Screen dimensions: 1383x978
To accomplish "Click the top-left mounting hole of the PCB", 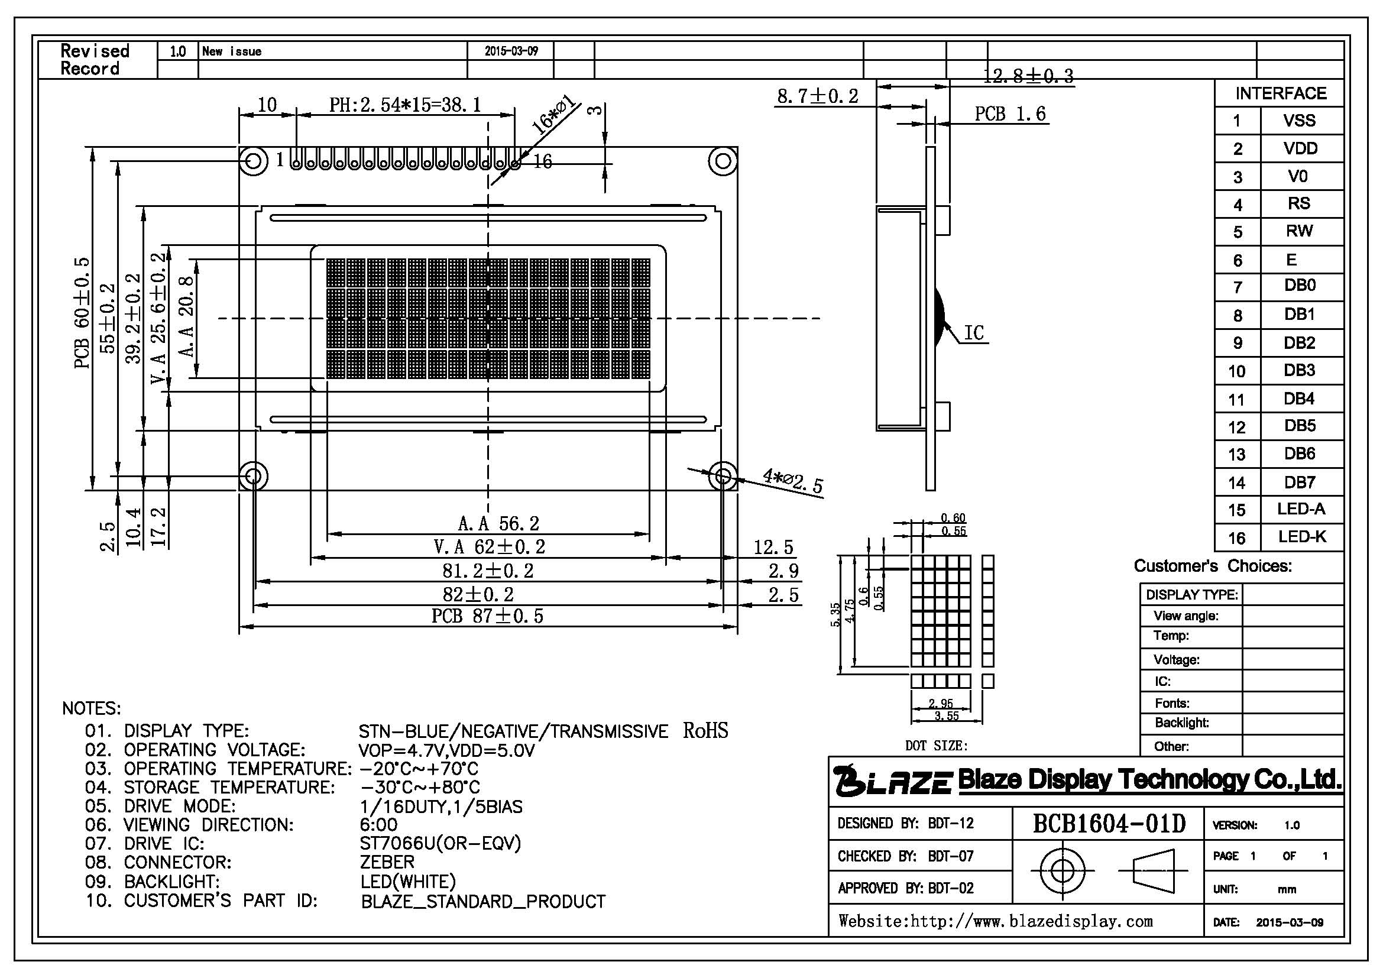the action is (254, 161).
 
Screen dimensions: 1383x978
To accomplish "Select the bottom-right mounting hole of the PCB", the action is (723, 477).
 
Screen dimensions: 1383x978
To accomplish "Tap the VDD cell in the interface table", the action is (1301, 148).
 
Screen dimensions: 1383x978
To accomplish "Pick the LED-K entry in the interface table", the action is (1301, 536).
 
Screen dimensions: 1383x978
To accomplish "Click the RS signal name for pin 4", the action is (1299, 203).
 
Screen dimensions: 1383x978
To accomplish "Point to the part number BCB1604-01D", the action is (1109, 823).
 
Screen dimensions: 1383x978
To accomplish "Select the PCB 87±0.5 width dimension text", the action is (487, 616).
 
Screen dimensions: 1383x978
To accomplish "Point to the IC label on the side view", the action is (974, 332).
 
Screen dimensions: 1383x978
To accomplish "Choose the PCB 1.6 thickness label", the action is (1010, 113).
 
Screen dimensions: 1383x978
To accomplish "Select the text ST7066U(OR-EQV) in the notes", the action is (441, 843).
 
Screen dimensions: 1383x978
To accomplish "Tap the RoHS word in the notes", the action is (705, 730).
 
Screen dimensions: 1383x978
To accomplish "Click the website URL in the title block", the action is (996, 921).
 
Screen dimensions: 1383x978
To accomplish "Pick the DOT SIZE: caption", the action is (936, 746).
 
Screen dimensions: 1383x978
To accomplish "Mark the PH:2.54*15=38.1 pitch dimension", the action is (406, 105).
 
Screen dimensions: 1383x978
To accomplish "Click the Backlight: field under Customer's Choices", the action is (1182, 723).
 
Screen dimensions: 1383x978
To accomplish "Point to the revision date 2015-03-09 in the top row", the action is (511, 51).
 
